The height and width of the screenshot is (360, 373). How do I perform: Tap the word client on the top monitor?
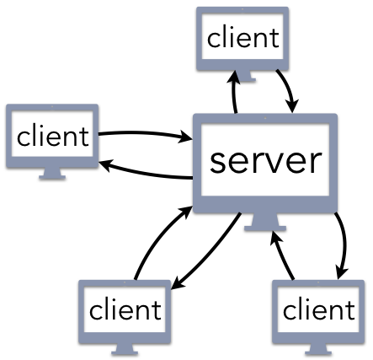[x=243, y=38]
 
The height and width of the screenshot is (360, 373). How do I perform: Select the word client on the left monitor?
[x=53, y=136]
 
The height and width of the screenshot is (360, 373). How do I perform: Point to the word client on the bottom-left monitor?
[x=125, y=309]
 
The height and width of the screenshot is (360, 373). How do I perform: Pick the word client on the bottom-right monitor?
[x=319, y=309]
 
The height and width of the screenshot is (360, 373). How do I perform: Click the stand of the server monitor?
[x=265, y=222]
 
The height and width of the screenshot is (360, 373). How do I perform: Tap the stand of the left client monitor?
[x=52, y=174]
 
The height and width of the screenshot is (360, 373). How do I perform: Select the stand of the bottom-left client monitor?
[x=125, y=349]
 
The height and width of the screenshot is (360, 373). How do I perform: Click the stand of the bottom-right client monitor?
[x=318, y=349]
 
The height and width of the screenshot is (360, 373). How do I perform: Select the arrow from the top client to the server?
[x=289, y=89]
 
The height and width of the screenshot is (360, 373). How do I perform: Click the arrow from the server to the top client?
[x=233, y=93]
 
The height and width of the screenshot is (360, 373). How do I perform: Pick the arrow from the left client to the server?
[x=145, y=133]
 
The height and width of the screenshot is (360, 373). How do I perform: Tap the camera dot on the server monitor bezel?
[x=265, y=118]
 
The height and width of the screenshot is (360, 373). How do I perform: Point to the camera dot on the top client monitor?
[x=242, y=9]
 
